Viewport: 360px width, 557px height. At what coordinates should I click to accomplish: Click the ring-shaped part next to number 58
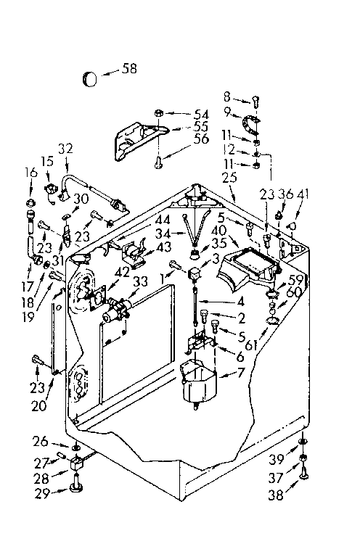[89, 78]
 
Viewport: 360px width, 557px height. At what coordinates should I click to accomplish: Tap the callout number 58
[129, 69]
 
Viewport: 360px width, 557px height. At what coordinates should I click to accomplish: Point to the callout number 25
[229, 176]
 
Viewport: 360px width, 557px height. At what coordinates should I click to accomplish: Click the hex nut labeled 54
[158, 114]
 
